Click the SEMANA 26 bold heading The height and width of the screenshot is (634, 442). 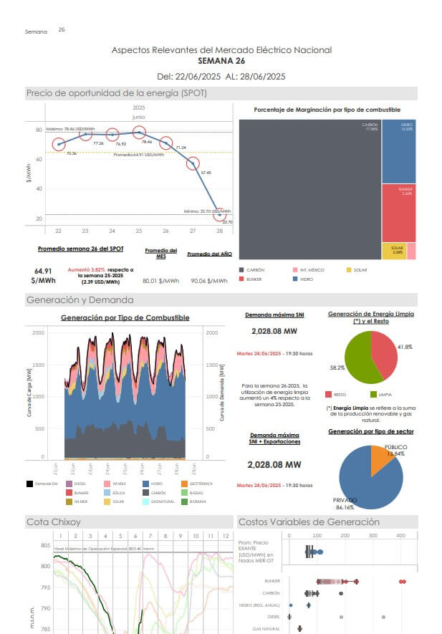click(x=221, y=61)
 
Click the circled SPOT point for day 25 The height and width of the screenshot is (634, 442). click(x=139, y=132)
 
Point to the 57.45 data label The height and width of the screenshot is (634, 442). click(x=206, y=173)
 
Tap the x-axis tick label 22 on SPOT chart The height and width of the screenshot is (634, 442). click(x=58, y=231)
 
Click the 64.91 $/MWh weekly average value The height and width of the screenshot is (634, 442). click(x=43, y=276)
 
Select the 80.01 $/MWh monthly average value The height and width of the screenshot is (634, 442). click(x=160, y=282)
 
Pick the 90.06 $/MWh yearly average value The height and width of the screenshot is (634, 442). click(x=208, y=282)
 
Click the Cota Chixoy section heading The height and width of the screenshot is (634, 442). click(x=53, y=522)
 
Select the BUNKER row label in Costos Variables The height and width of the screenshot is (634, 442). click(x=272, y=581)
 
